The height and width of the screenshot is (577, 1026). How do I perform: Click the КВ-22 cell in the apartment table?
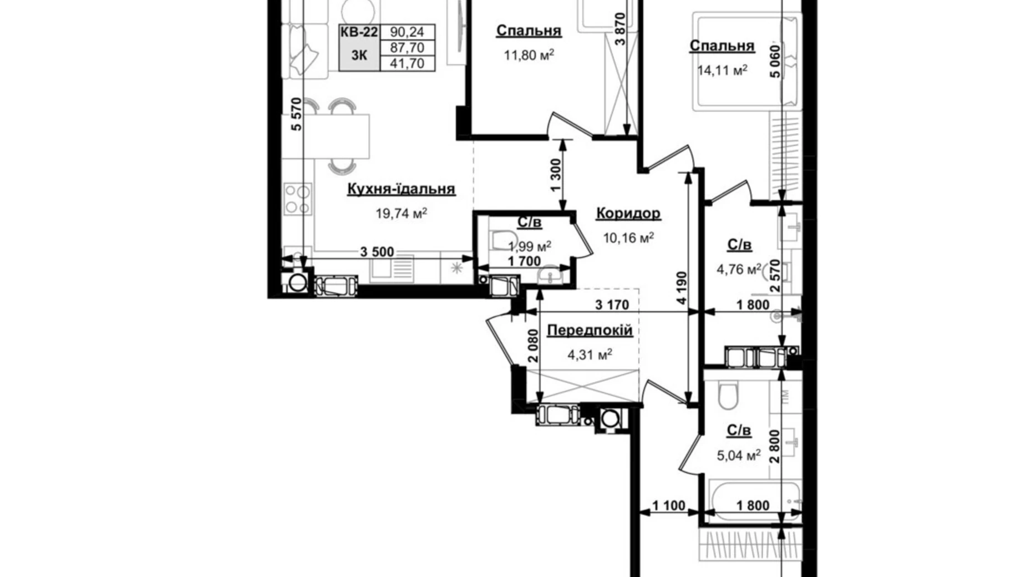[x=359, y=32]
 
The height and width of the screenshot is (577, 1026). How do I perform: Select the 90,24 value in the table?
[x=407, y=32]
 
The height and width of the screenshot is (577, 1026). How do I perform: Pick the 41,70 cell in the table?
[x=407, y=63]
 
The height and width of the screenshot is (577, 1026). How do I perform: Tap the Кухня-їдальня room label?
[x=401, y=189]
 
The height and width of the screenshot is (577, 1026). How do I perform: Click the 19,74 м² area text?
[x=401, y=213]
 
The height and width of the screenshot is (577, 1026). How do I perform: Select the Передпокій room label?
[x=590, y=331]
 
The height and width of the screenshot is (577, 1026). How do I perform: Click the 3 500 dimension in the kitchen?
[x=377, y=252]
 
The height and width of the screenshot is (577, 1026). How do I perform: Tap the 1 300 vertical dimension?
[x=556, y=175]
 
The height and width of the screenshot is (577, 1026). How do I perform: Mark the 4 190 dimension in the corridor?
[x=682, y=287]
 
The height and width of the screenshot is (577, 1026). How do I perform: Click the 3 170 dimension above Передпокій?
[x=612, y=305]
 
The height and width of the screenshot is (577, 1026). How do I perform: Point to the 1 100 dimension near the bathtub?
[x=668, y=505]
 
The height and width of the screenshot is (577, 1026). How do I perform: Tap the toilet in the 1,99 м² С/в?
[x=497, y=239]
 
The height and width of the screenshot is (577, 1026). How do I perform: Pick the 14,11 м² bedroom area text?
[x=722, y=70]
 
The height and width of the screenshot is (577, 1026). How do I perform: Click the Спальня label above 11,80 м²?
[x=528, y=31]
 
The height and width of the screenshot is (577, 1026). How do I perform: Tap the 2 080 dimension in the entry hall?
[x=533, y=346]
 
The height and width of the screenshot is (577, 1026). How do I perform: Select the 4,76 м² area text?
[x=738, y=270]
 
